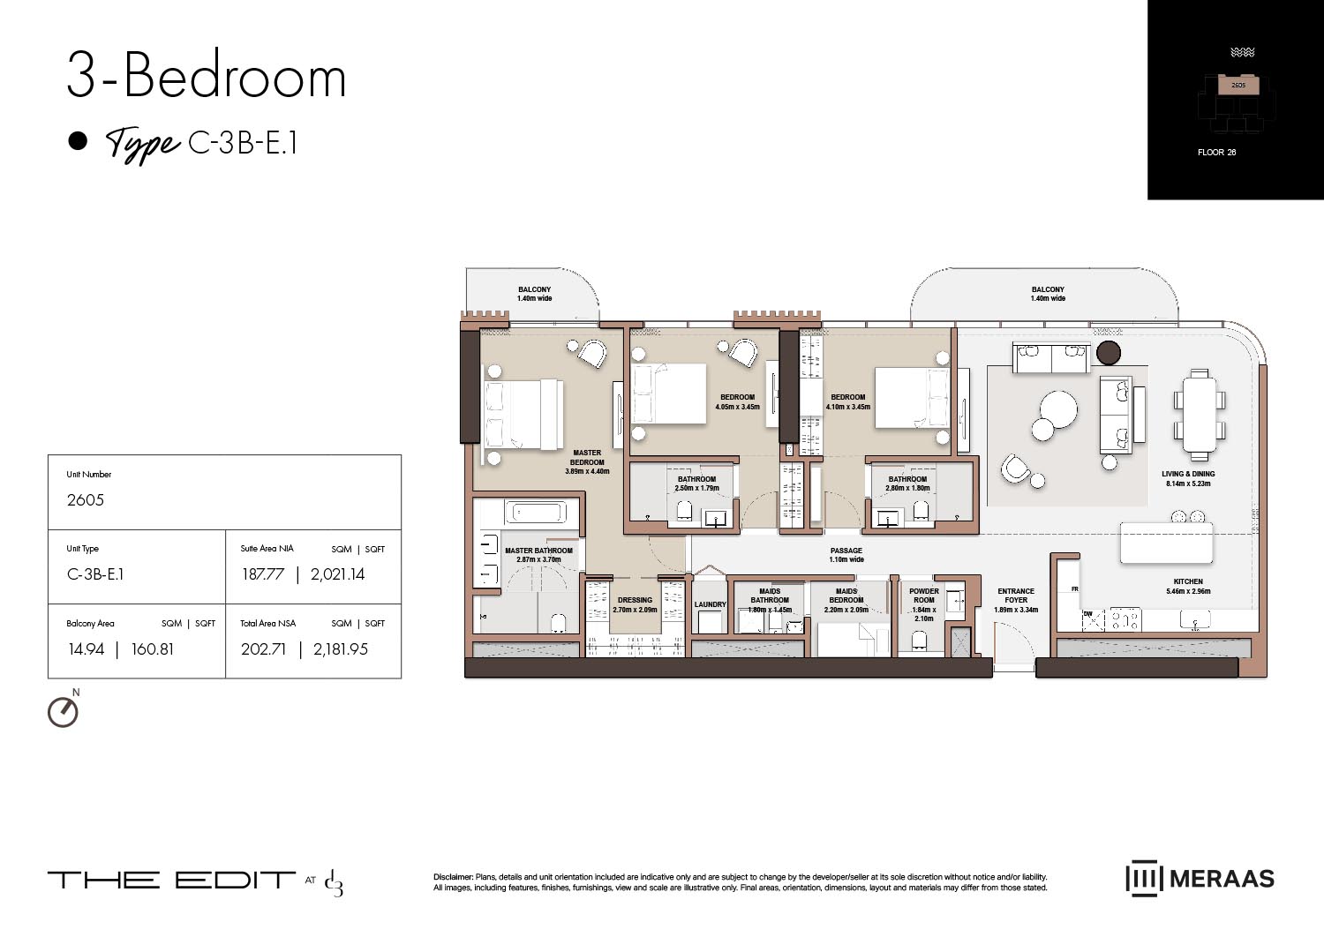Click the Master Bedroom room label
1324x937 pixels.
tap(587, 458)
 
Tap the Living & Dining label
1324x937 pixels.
tap(1188, 474)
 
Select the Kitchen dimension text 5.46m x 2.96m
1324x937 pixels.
tap(1188, 591)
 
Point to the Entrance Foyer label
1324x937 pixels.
tap(1016, 596)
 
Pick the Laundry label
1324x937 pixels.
tap(710, 604)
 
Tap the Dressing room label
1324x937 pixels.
tap(635, 600)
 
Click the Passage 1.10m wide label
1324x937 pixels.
tap(846, 555)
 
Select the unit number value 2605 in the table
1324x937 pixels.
tap(86, 500)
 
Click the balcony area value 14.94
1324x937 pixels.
tap(87, 649)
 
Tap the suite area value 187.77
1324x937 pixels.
tap(263, 574)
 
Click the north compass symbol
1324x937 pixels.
tap(63, 711)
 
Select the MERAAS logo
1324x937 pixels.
tap(1200, 879)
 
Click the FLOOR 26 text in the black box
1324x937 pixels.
tap(1216, 153)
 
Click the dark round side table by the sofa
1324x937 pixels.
tap(1109, 353)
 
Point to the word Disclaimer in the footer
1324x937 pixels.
tap(453, 877)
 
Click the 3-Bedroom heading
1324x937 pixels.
tap(207, 77)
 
